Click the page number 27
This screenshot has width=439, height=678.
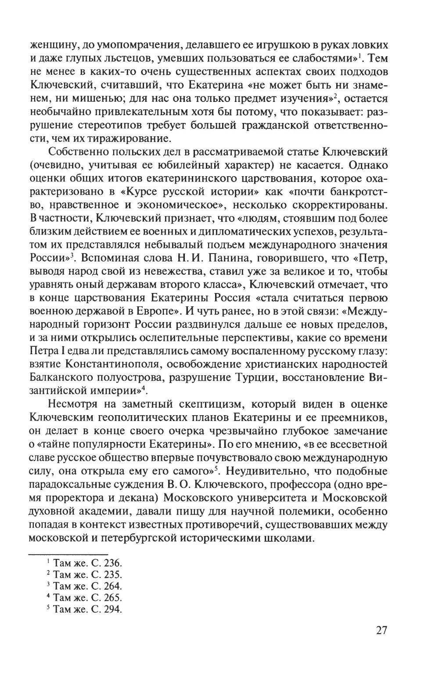pyautogui.click(x=381, y=630)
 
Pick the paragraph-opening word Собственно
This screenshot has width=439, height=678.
pyautogui.click(x=77, y=152)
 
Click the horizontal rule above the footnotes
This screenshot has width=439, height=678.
pyautogui.click(x=68, y=552)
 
